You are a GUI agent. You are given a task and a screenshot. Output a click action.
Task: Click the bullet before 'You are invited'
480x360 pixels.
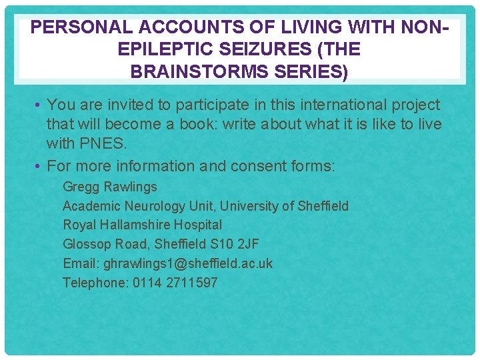(40, 105)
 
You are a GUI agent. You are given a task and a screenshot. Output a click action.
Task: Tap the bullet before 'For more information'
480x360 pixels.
(40, 166)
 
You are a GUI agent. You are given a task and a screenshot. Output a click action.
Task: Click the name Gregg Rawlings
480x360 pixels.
(110, 187)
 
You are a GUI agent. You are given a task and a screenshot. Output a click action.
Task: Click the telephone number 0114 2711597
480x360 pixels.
(175, 283)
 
